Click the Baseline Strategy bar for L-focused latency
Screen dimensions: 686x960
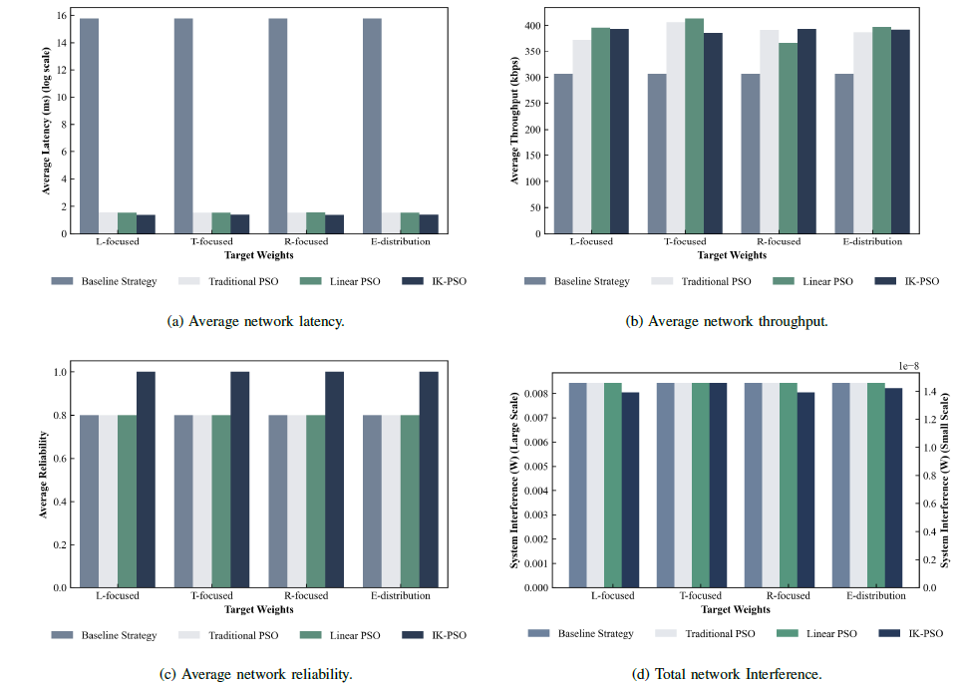pyautogui.click(x=89, y=126)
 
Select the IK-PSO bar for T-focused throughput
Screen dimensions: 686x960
pyautogui.click(x=713, y=135)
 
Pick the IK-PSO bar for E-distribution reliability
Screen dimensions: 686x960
pyautogui.click(x=430, y=480)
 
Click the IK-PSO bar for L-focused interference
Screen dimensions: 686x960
pyautogui.click(x=630, y=490)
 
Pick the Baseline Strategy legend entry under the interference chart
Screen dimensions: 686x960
pyautogui.click(x=581, y=633)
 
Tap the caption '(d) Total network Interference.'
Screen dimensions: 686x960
pyautogui.click(x=727, y=675)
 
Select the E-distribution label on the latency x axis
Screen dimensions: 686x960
pyautogui.click(x=396, y=241)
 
